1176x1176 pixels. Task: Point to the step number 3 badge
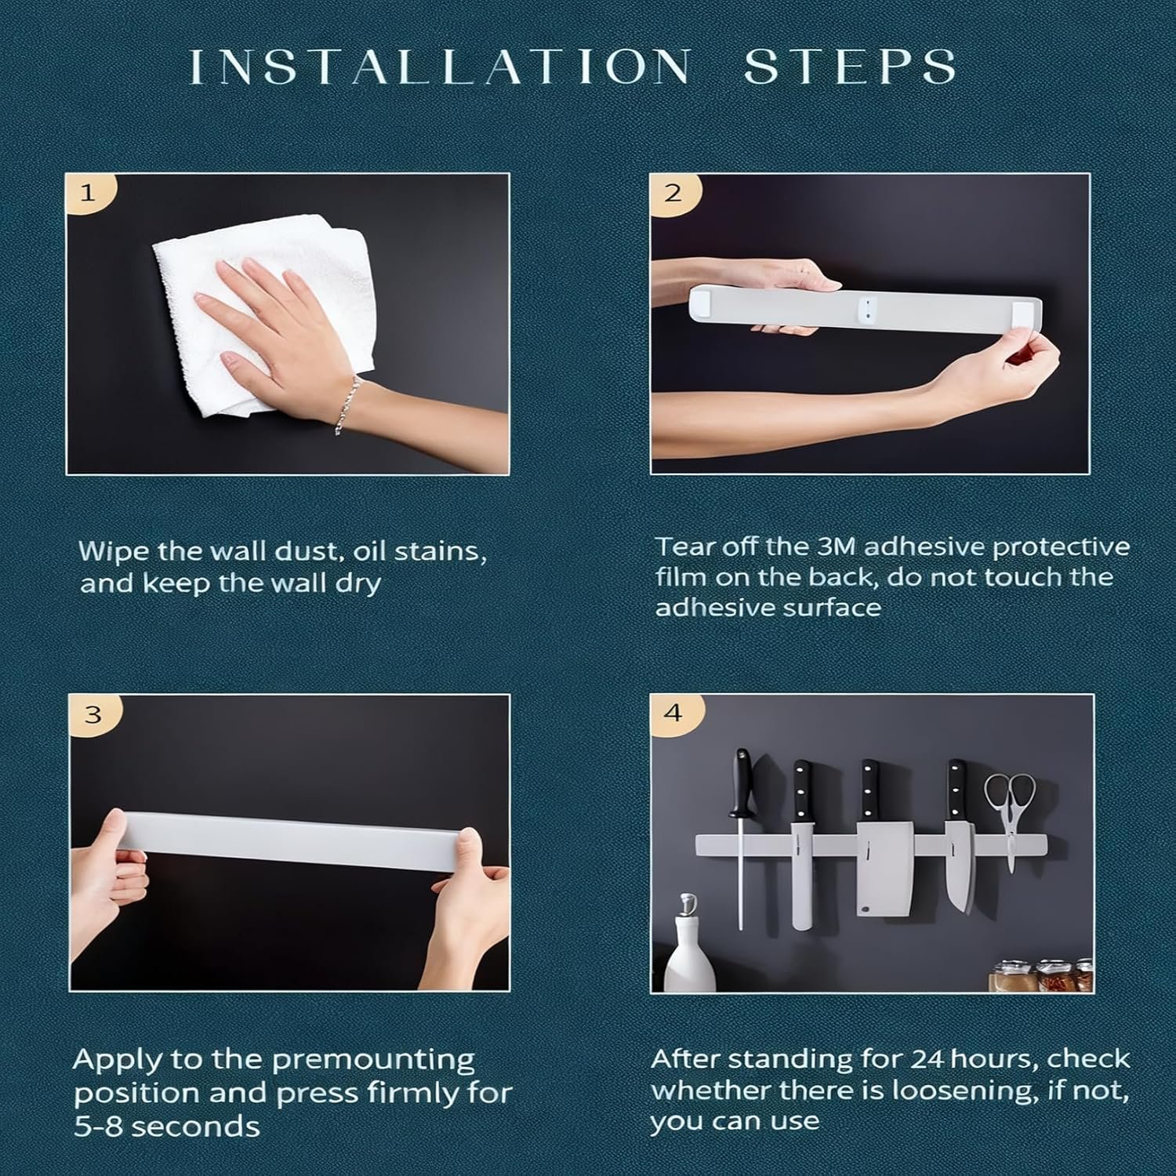click(x=93, y=715)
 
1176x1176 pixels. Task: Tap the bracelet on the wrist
click(x=347, y=405)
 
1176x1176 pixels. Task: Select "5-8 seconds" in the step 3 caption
click(x=167, y=1127)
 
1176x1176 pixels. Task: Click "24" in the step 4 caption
click(x=928, y=1059)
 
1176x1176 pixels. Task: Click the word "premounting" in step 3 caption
click(x=373, y=1061)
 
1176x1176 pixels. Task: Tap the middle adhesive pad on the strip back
click(x=868, y=308)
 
